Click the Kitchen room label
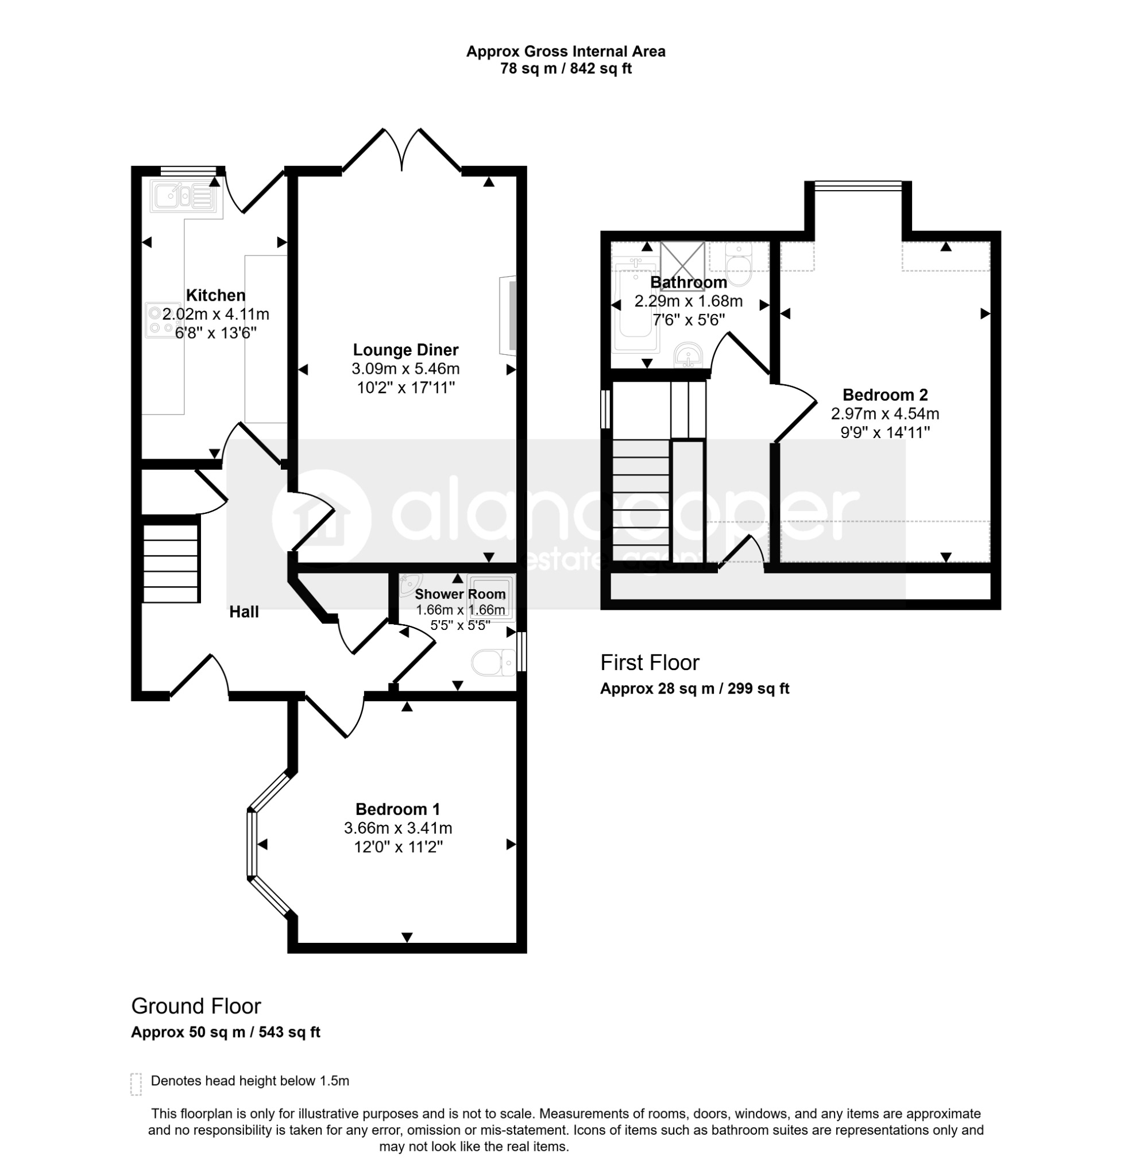[215, 295]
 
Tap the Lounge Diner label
[405, 350]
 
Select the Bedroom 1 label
[398, 810]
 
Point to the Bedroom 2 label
[885, 395]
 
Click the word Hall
[244, 612]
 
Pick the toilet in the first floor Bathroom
[738, 265]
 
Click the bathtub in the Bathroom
[636, 306]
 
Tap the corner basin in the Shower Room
[411, 582]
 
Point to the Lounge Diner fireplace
[508, 316]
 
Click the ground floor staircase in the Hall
[171, 563]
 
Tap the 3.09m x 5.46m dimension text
[405, 369]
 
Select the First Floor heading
[650, 663]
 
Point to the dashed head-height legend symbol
[136, 1084]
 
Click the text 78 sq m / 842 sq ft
[566, 68]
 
